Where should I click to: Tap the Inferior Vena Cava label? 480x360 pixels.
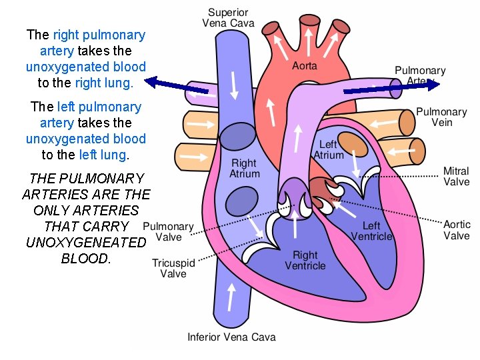pyautogui.click(x=231, y=337)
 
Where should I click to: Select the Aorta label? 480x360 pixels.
pyautogui.click(x=305, y=65)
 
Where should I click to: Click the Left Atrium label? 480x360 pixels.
pyautogui.click(x=328, y=149)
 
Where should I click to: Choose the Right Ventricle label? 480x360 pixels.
pyautogui.click(x=305, y=260)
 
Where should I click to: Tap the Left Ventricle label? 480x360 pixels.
pyautogui.click(x=371, y=231)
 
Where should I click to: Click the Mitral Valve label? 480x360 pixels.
pyautogui.click(x=457, y=176)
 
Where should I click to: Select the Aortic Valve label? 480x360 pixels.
pyautogui.click(x=457, y=230)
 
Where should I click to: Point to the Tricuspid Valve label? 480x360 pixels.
pyautogui.click(x=173, y=268)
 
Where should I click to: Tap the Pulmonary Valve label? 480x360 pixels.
pyautogui.click(x=169, y=231)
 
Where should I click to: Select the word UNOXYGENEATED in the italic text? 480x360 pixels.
pyautogui.click(x=85, y=242)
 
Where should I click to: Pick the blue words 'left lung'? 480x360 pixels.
pyautogui.click(x=102, y=155)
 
